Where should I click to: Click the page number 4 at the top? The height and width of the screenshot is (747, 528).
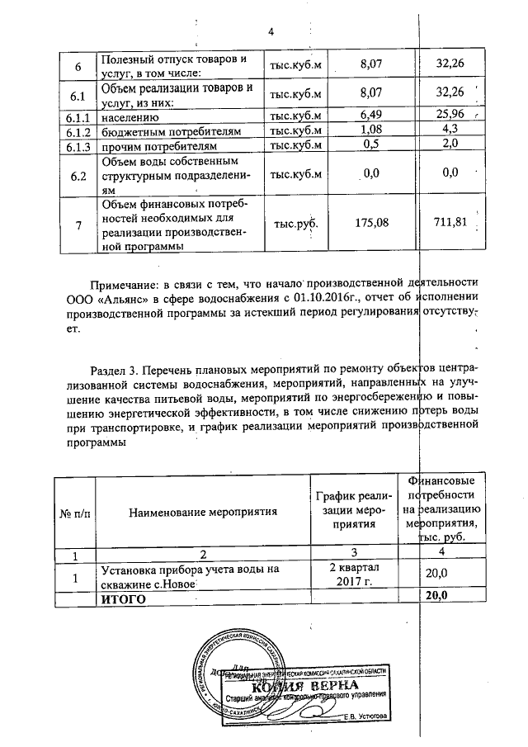tap(270, 32)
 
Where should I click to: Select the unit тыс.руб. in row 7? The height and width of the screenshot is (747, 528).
tap(295, 221)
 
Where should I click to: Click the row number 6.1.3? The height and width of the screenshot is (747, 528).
tap(78, 145)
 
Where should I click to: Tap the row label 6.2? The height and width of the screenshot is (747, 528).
tap(78, 174)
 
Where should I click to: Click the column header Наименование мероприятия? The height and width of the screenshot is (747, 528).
tap(203, 512)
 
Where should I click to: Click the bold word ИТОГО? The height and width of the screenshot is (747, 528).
tap(123, 598)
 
